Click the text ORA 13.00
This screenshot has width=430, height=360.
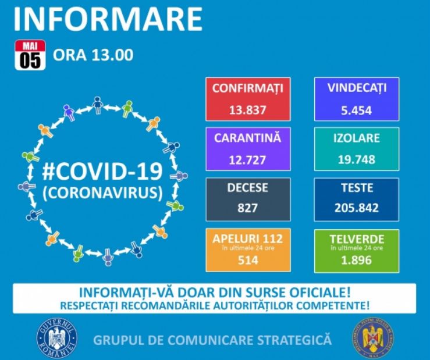[x=94, y=55]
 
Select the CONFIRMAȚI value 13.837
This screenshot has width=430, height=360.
[x=247, y=110]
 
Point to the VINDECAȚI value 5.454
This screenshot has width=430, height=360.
[x=357, y=110]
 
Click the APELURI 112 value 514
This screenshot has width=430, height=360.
[x=247, y=261]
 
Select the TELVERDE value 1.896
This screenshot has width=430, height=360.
[x=357, y=261]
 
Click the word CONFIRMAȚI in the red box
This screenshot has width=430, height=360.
[x=247, y=88]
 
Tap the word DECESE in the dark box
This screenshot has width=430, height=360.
[x=247, y=188]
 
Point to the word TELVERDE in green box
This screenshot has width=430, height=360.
[x=357, y=238]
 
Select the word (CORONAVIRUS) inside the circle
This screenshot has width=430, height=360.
[x=102, y=193]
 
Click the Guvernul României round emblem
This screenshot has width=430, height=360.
[x=56, y=337]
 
